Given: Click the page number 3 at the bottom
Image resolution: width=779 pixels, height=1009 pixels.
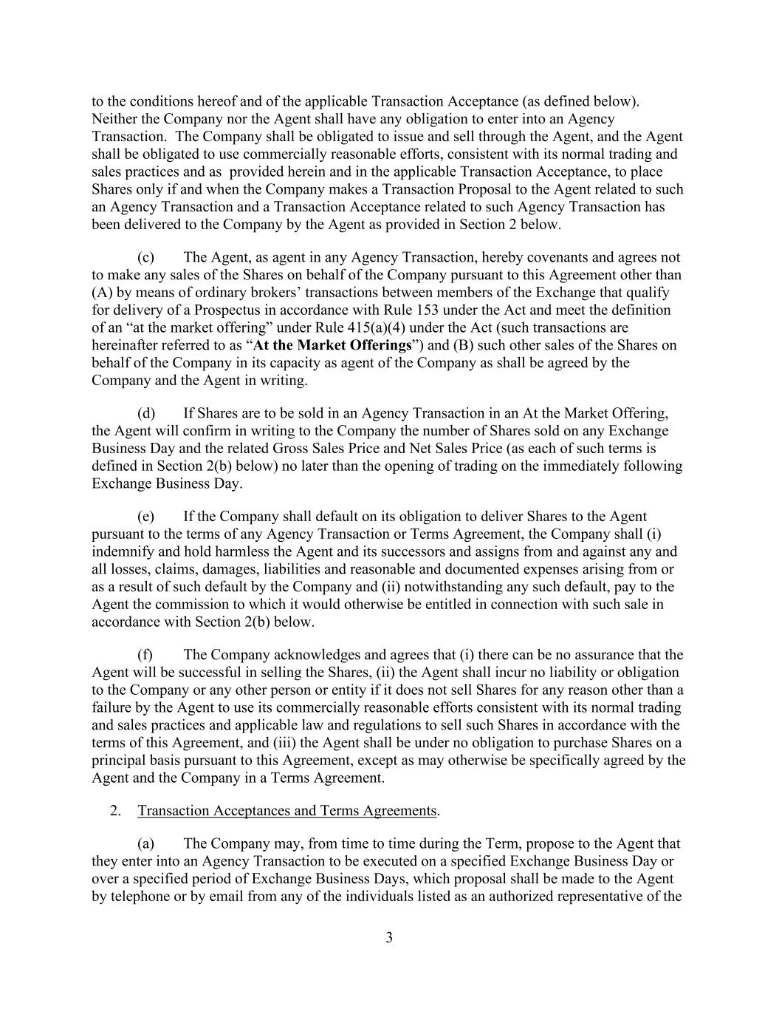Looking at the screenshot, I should pyautogui.click(x=389, y=938).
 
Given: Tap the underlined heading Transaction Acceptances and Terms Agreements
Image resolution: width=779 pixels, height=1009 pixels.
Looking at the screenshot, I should pyautogui.click(x=287, y=811).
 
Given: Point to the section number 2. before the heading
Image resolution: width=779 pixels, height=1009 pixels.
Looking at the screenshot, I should pyautogui.click(x=115, y=811).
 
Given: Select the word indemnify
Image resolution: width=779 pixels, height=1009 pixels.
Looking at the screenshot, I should pyautogui.click(x=122, y=552).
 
